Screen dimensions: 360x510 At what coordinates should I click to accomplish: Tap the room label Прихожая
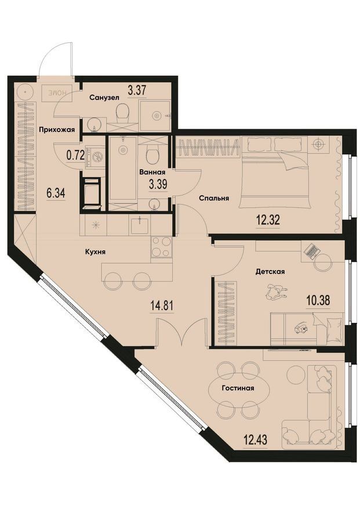57,130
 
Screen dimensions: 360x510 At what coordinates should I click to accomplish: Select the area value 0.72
75,155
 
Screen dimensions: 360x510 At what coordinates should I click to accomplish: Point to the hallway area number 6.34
56,193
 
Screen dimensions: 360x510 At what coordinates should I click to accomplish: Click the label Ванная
152,172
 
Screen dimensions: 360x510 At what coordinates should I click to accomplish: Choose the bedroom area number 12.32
268,220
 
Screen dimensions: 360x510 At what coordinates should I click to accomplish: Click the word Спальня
214,198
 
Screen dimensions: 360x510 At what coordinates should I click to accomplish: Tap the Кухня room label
95,252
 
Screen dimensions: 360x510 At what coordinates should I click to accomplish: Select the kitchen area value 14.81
161,306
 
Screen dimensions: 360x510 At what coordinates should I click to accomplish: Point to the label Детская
270,271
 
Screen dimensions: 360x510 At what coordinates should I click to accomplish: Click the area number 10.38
318,300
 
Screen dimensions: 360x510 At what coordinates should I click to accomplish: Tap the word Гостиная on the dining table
238,388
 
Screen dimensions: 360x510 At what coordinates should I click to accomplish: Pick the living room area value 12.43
255,440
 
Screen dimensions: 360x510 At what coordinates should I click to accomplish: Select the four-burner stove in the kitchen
161,247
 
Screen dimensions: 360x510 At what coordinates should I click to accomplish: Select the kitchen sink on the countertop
140,225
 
